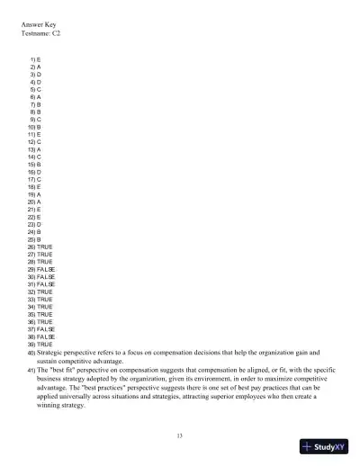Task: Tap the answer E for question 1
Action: coord(38,58)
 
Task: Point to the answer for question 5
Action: coord(38,90)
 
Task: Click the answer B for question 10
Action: coord(38,127)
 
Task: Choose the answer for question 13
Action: coord(38,149)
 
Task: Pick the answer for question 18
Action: coord(38,186)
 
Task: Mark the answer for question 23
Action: coord(38,223)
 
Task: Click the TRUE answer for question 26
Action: coord(45,246)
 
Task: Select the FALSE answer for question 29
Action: coord(46,268)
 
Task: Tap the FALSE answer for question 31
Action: coord(46,283)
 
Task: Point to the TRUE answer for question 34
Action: coord(45,306)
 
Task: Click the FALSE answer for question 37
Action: coord(46,328)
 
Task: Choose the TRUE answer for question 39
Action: coord(45,344)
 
